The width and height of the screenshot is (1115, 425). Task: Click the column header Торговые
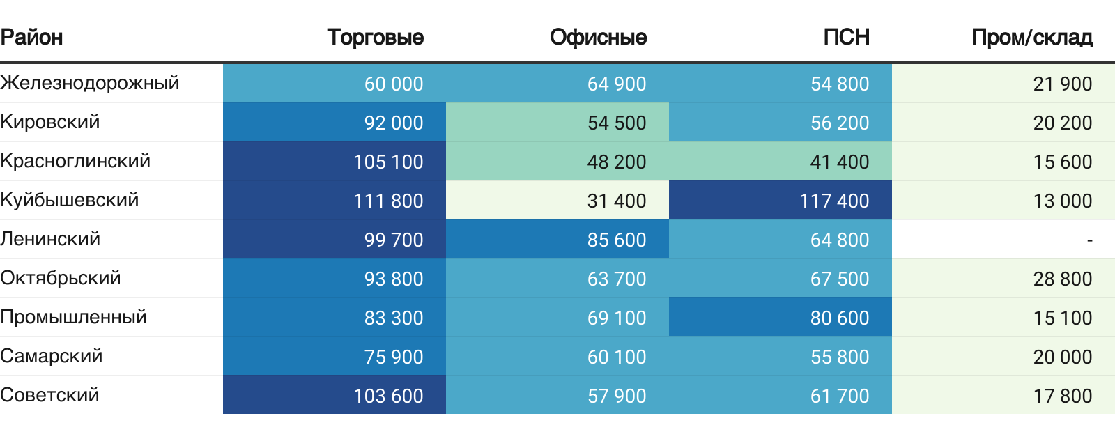[x=375, y=37]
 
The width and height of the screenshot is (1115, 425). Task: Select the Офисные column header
[x=598, y=37]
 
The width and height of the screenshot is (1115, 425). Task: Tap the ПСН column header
[x=846, y=37]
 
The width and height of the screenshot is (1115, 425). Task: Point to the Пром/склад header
[x=1031, y=37]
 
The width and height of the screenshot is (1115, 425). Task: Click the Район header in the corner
[x=32, y=37]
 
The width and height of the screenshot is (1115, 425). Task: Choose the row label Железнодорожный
[x=90, y=83]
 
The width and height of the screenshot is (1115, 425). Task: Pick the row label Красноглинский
[x=75, y=161]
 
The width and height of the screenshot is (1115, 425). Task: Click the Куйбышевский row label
[x=70, y=200]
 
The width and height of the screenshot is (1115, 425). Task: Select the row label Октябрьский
[x=61, y=278]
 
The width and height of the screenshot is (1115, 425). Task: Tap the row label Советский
[x=50, y=395]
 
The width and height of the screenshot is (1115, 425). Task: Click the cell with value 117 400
[x=834, y=201]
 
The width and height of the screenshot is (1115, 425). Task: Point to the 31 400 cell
[x=617, y=201]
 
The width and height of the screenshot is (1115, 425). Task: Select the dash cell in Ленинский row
[x=1089, y=240]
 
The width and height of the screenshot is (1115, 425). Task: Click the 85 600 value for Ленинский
[x=617, y=240]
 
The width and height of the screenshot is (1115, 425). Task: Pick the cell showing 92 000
[x=394, y=123]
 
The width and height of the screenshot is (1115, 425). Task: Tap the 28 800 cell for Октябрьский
[x=1063, y=279]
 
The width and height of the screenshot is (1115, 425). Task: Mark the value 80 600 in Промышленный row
[x=840, y=318]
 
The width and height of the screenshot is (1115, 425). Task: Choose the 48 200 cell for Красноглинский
[x=617, y=162]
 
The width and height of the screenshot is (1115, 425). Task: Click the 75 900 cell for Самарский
[x=394, y=357]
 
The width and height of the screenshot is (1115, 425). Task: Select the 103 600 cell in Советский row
[x=388, y=396]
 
